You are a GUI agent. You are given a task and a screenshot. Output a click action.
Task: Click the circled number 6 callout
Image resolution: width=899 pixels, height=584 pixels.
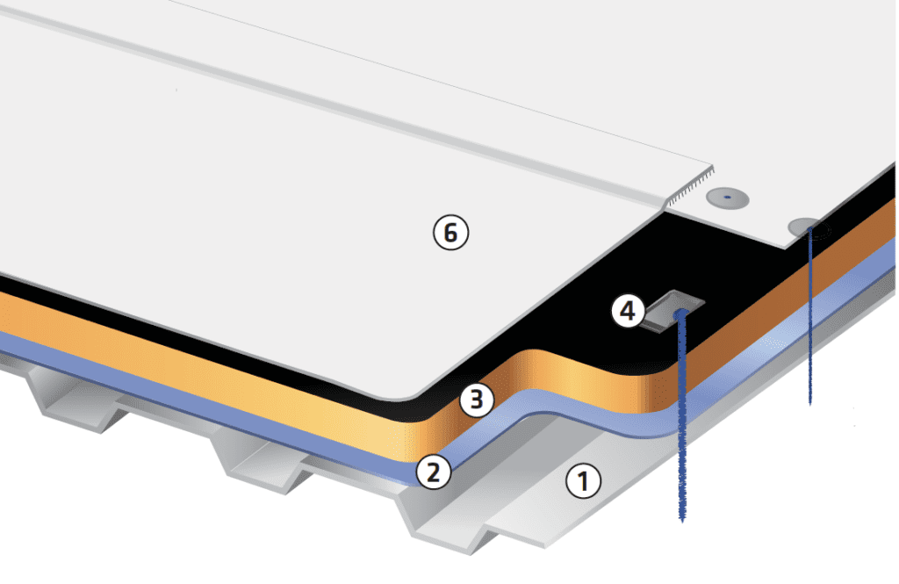point(451,233)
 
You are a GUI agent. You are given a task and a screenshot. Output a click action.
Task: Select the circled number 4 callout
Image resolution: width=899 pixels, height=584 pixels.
point(629,311)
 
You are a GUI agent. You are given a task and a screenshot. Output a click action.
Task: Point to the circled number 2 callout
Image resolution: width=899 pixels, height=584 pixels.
point(434,472)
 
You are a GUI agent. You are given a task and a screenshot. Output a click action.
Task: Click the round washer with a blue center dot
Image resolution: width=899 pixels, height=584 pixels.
point(728,198)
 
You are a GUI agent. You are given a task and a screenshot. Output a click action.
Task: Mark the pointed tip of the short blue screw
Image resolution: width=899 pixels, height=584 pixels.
point(809,403)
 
